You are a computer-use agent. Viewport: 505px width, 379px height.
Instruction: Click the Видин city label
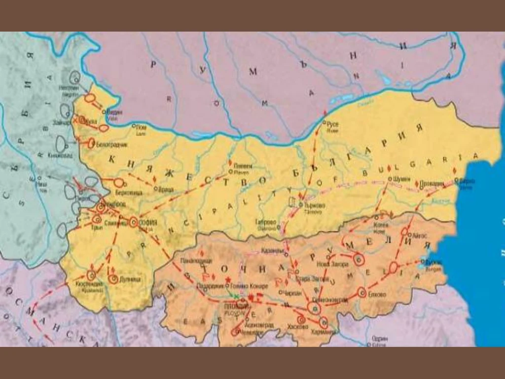(115, 112)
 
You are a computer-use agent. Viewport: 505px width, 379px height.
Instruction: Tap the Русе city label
(333, 125)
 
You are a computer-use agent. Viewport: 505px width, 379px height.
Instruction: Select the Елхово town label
(378, 294)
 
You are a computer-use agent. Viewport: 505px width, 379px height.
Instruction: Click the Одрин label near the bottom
(380, 339)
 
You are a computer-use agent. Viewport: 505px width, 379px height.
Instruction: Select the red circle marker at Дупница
(113, 279)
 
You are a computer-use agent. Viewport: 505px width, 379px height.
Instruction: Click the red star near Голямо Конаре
(227, 280)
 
